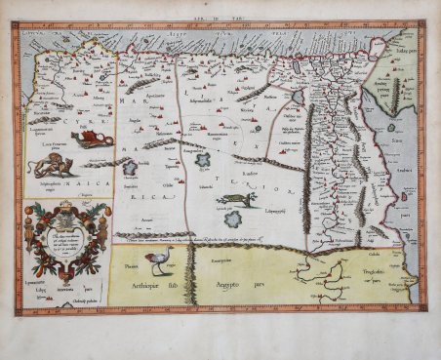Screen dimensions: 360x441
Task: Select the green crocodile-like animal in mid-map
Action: [x=238, y=199]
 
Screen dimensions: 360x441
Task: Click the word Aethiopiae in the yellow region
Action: [x=140, y=289]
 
